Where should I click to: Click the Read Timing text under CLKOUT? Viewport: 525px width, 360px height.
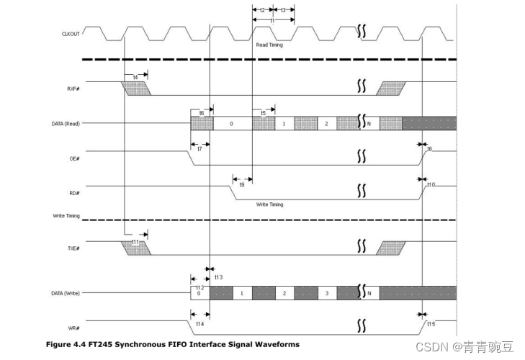coord(270,45)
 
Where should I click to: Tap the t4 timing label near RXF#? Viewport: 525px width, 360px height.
coord(135,76)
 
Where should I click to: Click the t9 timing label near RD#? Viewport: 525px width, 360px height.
coord(241,185)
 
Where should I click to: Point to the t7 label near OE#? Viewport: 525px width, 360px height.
coord(199,148)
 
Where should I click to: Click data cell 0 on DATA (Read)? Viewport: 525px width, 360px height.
coord(232,124)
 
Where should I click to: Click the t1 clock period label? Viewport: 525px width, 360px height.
coord(272,21)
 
